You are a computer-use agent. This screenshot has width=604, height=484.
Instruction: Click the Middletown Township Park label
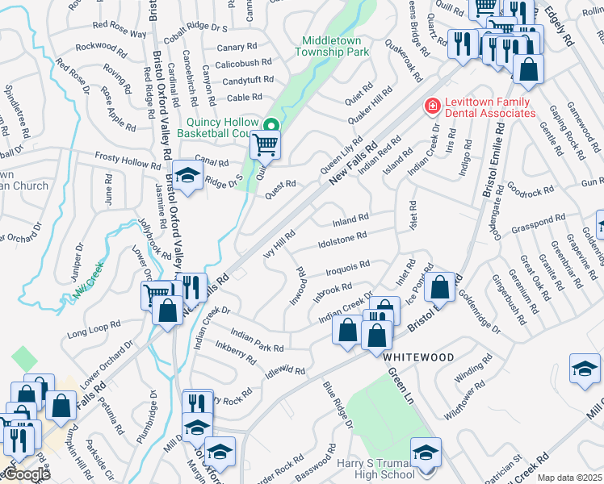[x=335, y=46]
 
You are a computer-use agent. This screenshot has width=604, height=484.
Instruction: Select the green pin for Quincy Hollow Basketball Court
[x=272, y=124]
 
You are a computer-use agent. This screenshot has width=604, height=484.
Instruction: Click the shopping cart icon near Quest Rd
[x=265, y=146]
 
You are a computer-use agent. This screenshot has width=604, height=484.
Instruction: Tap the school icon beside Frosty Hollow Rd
[x=187, y=176]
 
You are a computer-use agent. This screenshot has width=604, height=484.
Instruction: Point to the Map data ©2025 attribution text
[x=569, y=478]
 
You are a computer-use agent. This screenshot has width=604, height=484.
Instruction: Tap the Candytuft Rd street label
[x=248, y=81]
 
